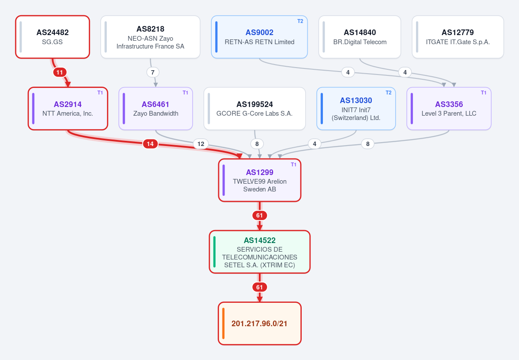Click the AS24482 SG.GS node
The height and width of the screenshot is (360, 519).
click(53, 37)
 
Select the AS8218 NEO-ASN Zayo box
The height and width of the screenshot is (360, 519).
click(150, 37)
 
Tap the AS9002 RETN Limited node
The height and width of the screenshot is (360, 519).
click(260, 37)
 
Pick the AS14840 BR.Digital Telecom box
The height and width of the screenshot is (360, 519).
click(360, 37)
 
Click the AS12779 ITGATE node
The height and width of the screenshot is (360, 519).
click(458, 37)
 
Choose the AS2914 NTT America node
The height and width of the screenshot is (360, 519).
click(68, 109)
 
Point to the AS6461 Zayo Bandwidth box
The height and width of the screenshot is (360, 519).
click(155, 109)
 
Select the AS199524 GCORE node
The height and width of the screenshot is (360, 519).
click(255, 109)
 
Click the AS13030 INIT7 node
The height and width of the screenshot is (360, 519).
click(356, 109)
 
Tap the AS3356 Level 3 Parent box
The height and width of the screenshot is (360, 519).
click(449, 109)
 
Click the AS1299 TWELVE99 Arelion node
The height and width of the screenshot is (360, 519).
click(260, 180)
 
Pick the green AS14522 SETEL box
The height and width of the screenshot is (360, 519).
click(260, 252)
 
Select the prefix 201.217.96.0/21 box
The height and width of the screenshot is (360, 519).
click(260, 324)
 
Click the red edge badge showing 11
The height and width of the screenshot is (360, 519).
click(60, 72)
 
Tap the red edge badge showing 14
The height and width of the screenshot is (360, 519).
click(150, 144)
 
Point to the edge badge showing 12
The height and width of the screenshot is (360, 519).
click(200, 144)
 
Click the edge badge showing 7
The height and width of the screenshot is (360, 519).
click(153, 72)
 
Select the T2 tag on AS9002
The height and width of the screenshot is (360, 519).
click(300, 21)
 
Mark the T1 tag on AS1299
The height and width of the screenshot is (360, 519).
click(293, 165)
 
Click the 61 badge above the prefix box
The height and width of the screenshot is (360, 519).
click(260, 287)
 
